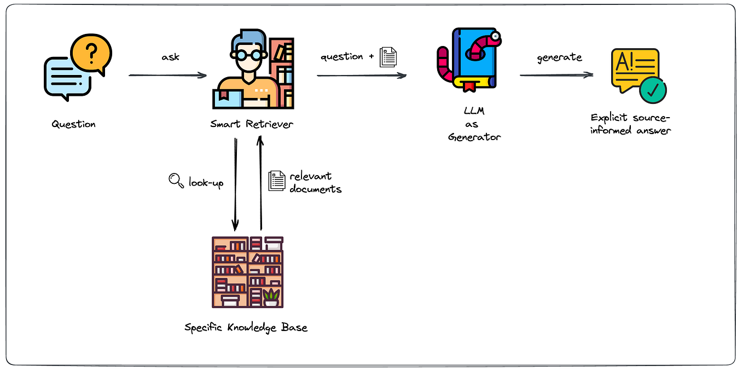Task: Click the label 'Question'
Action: click(74, 124)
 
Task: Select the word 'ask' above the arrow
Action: click(171, 57)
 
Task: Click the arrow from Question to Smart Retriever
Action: click(167, 76)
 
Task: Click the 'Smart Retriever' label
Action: click(252, 124)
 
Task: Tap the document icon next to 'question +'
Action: click(388, 57)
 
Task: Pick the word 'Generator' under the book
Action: click(474, 137)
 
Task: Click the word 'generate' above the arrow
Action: click(559, 57)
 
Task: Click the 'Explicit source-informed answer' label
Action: click(630, 124)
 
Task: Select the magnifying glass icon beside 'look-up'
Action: click(176, 181)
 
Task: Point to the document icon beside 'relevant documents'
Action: click(277, 181)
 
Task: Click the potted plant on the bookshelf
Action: click(271, 297)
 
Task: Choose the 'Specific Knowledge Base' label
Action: click(246, 328)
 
